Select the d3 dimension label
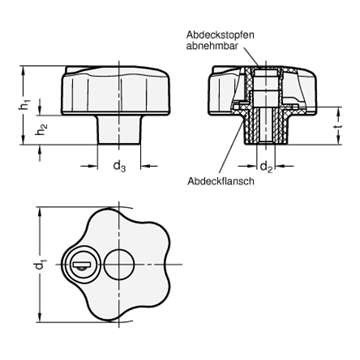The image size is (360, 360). (x=119, y=166)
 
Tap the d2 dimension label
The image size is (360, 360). (x=266, y=166)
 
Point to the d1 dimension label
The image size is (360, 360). (x=40, y=265)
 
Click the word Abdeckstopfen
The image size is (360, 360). (x=220, y=35)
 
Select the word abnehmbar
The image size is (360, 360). (x=212, y=46)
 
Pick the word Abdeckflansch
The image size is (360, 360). (x=221, y=181)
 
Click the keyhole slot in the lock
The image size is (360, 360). (x=80, y=265)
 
